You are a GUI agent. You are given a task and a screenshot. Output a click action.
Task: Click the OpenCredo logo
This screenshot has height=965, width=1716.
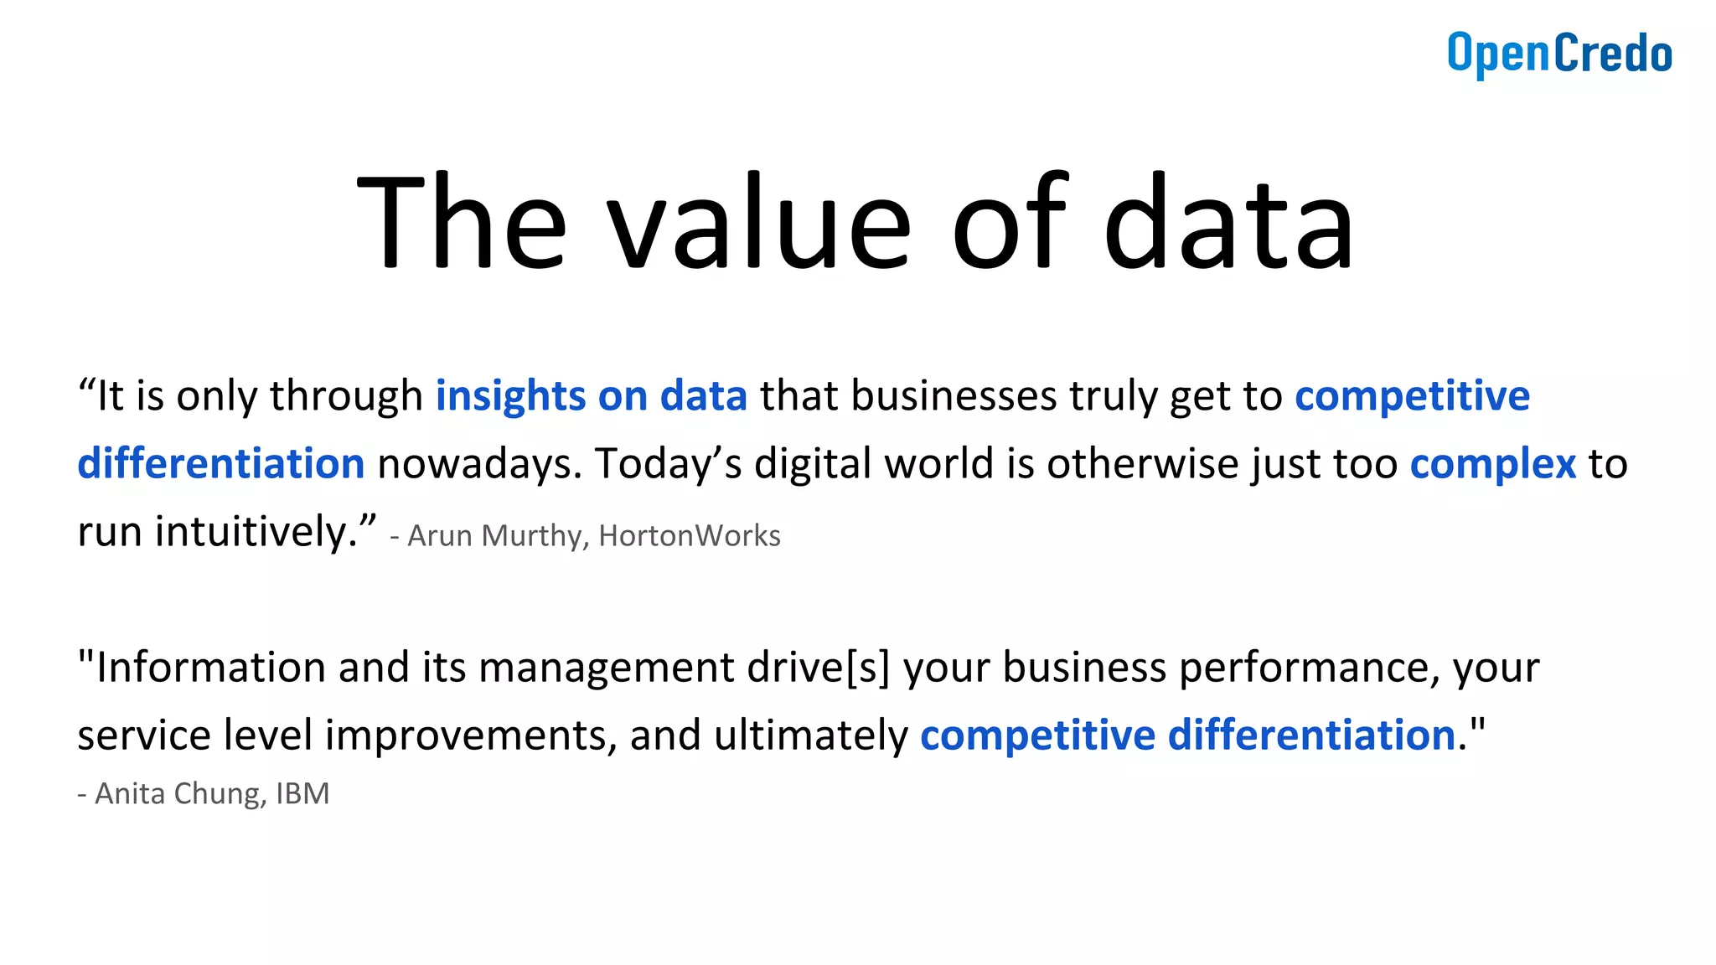(1559, 54)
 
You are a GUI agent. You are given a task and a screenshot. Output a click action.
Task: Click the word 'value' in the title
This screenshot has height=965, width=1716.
(758, 224)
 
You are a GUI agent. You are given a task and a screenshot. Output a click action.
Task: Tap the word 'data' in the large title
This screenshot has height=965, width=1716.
(1228, 224)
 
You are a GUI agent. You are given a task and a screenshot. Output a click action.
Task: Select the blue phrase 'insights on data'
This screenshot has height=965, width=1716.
(592, 396)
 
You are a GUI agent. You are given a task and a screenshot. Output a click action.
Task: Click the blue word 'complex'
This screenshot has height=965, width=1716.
(1493, 464)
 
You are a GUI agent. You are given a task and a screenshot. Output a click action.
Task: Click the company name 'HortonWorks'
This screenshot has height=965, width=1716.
(690, 536)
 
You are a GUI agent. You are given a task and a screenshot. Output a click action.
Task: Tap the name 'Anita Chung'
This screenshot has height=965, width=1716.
(176, 793)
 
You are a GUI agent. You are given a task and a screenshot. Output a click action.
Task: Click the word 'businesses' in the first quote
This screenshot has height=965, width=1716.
(954, 396)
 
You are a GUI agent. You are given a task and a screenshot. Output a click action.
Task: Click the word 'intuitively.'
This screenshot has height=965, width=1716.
(256, 532)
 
